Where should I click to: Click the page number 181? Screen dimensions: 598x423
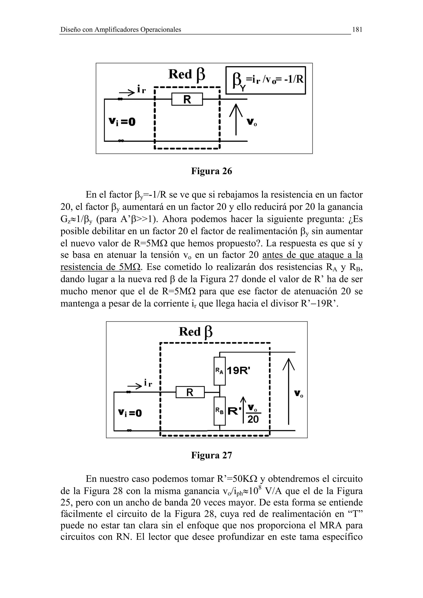click(357, 30)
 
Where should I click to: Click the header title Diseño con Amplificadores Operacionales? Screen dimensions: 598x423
click(121, 30)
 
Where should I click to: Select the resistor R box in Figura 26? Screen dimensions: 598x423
click(187, 99)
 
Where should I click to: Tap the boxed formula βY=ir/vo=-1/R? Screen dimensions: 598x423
click(265, 80)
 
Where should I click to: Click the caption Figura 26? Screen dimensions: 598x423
click(211, 171)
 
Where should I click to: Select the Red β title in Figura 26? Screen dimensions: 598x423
click(187, 74)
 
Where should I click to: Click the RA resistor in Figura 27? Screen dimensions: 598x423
click(219, 371)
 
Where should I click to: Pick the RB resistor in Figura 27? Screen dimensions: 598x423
click(219, 411)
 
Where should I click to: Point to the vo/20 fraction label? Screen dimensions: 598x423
click(253, 414)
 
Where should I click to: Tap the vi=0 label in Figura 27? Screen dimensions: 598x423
click(130, 412)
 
